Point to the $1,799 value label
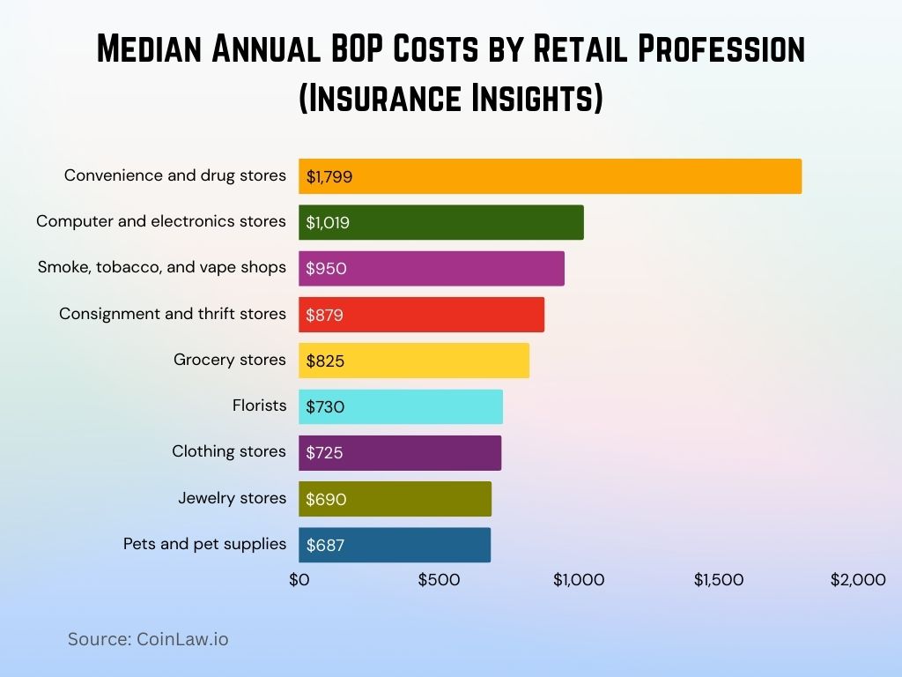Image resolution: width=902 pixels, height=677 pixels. [329, 176]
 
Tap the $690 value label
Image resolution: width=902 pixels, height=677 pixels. [326, 499]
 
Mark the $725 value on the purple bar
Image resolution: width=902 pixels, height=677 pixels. [324, 453]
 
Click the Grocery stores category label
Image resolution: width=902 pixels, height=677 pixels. [230, 360]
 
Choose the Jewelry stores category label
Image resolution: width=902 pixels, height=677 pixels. [233, 498]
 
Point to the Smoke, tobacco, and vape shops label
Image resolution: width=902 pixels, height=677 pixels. [162, 267]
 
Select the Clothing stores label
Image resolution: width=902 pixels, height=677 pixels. [229, 451]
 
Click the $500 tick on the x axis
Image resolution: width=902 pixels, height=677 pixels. [439, 580]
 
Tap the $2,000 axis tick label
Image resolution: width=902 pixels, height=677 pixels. [857, 580]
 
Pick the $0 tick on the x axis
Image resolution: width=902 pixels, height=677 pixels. [299, 580]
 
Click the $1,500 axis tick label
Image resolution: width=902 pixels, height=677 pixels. [719, 580]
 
